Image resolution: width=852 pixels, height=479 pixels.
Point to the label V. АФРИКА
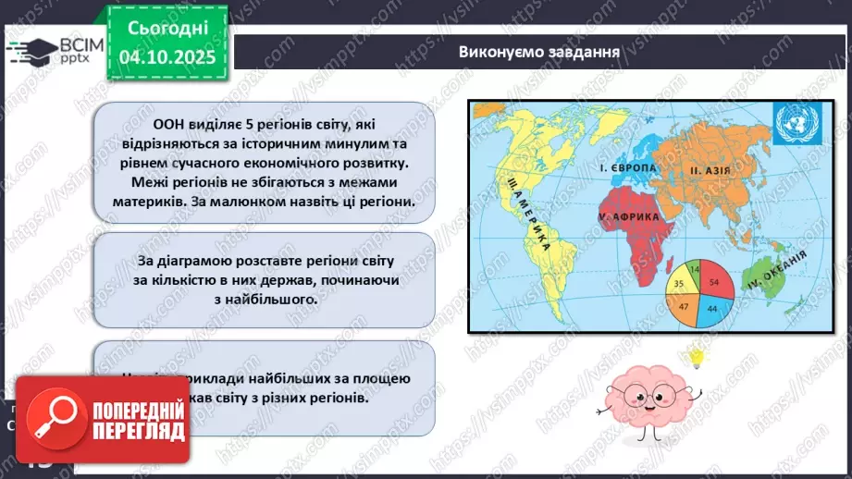pyautogui.click(x=628, y=215)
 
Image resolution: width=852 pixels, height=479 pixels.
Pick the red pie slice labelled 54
pyautogui.click(x=713, y=281)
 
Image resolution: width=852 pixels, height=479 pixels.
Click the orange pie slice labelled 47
pyautogui.click(x=685, y=304)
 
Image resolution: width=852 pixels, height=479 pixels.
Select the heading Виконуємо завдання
pyautogui.click(x=538, y=51)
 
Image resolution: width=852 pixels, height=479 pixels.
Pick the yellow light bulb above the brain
pyautogui.click(x=695, y=356)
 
